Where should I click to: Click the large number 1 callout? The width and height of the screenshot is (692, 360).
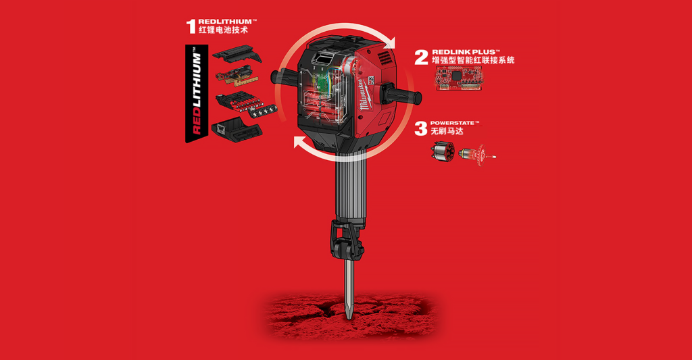tap(191, 26)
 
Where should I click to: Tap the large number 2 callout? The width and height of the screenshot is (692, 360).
tap(422, 57)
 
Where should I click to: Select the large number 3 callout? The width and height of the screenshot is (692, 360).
tap(421, 129)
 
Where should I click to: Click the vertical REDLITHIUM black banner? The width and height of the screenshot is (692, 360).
tap(197, 93)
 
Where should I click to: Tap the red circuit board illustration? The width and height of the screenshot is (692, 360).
tap(459, 78)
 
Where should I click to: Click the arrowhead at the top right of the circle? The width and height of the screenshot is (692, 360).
tap(389, 43)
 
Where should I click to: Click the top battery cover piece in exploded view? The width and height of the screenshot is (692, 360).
tap(237, 55)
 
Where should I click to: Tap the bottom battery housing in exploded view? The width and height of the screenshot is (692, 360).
tap(237, 131)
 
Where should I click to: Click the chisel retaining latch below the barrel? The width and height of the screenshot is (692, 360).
tap(347, 240)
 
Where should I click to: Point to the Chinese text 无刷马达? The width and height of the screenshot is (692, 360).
tap(447, 131)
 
